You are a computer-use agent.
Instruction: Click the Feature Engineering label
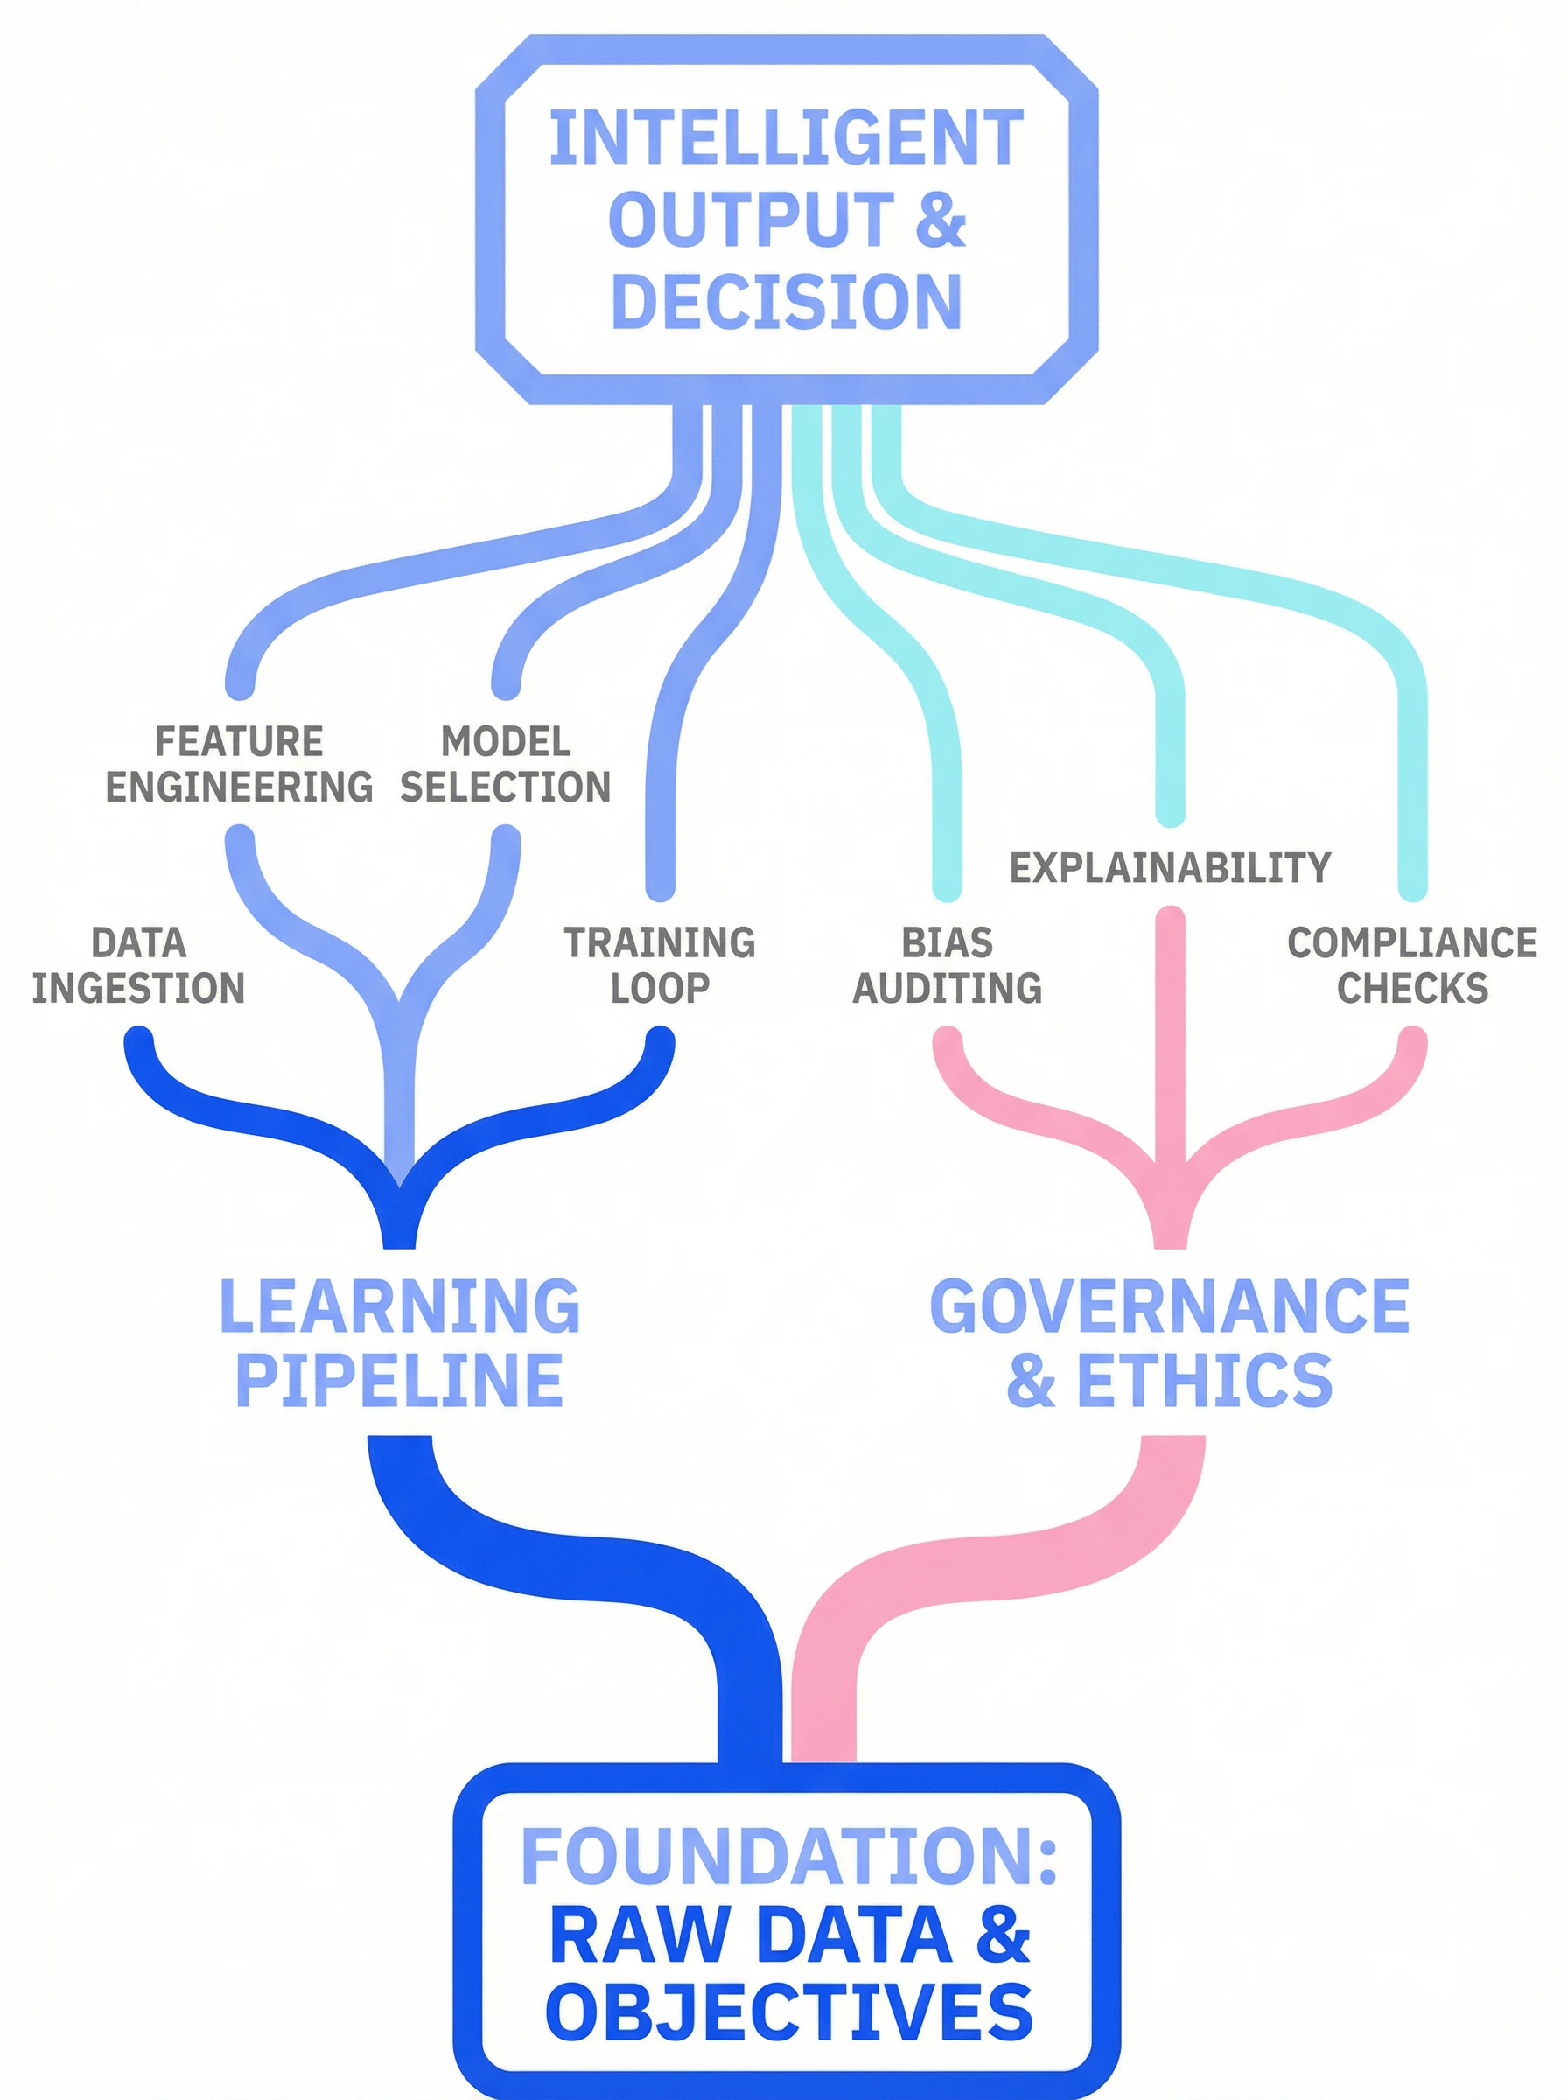tap(239, 764)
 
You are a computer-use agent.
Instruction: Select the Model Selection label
tap(505, 764)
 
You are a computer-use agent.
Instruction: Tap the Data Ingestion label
tap(138, 965)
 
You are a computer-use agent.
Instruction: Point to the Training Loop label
tap(660, 965)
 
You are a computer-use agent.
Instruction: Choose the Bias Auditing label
tap(948, 965)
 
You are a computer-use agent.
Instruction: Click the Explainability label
tap(1170, 867)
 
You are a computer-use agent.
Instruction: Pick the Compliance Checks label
tap(1412, 965)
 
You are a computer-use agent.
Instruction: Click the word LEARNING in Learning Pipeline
tap(400, 1306)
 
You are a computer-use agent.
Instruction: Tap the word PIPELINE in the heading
tap(400, 1381)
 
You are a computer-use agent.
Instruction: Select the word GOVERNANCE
tap(1169, 1306)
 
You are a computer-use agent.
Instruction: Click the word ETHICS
tap(1205, 1381)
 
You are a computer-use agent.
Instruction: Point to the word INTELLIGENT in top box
tap(786, 138)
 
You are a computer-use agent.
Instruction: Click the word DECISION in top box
tap(787, 302)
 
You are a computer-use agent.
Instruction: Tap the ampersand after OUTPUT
tap(941, 220)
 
